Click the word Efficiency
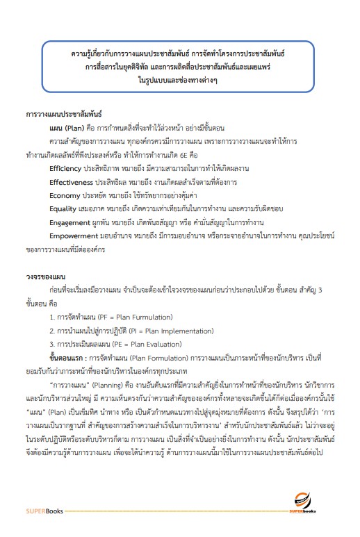pos(66,168)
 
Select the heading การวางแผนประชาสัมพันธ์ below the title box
pos(63,112)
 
